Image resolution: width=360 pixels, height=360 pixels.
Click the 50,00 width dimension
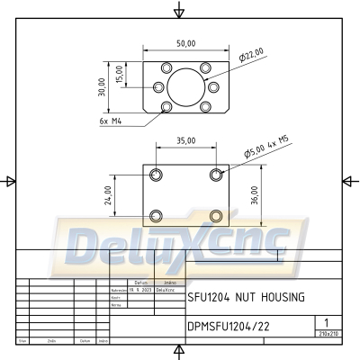click(186, 43)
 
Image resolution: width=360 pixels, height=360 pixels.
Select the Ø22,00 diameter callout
click(251, 56)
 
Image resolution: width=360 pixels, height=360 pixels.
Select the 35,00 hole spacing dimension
click(186, 141)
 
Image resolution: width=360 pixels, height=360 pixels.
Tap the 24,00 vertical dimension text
click(109, 194)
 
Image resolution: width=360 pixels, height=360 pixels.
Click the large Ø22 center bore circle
click(186, 87)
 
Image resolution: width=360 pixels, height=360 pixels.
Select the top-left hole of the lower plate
click(157, 174)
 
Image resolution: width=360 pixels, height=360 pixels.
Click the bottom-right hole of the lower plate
click(215, 215)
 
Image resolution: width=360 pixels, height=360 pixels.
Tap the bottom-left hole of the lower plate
click(157, 215)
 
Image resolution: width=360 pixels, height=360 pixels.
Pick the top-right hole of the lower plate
click(215, 174)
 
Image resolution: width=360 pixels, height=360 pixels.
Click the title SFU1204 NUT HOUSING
click(245, 296)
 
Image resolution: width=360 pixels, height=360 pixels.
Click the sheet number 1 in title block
click(326, 321)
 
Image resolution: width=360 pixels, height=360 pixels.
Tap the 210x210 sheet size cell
click(328, 334)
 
